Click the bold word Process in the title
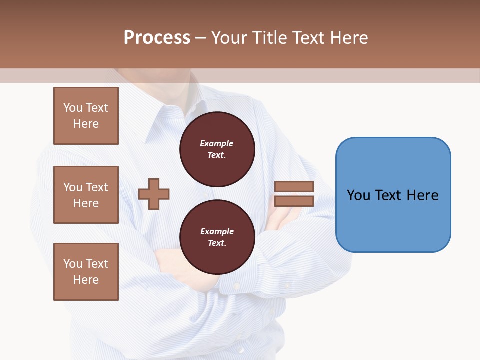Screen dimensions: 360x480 [x=157, y=37]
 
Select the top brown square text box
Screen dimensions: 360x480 [x=86, y=116]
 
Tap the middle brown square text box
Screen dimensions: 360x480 [x=86, y=195]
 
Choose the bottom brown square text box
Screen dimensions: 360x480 [x=86, y=272]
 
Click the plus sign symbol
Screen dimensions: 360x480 [x=154, y=194]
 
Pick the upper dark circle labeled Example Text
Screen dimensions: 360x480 [x=217, y=149]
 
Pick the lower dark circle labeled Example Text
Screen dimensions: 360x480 [x=217, y=237]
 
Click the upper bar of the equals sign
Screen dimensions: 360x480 [x=294, y=186]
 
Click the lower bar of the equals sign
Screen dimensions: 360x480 [x=294, y=201]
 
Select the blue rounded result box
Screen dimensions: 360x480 [x=393, y=195]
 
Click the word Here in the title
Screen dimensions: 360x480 [x=349, y=37]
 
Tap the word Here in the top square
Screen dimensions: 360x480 [x=86, y=124]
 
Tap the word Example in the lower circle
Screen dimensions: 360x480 [x=217, y=231]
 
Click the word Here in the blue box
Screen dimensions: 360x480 [x=422, y=195]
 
